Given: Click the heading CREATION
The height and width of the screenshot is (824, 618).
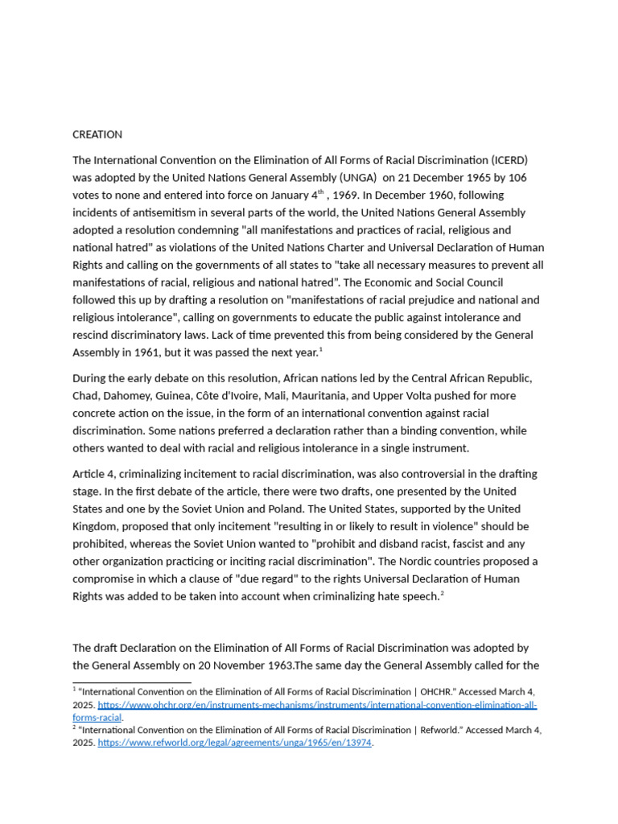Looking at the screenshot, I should pyautogui.click(x=97, y=134).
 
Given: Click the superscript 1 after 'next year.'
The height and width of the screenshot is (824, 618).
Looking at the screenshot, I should pyautogui.click(x=321, y=348).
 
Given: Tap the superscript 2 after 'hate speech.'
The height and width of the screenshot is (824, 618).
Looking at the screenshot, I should pyautogui.click(x=442, y=594).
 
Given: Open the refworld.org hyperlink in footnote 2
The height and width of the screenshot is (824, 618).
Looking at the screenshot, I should pyautogui.click(x=235, y=743).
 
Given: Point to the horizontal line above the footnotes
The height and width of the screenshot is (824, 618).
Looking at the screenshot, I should pyautogui.click(x=132, y=682).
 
